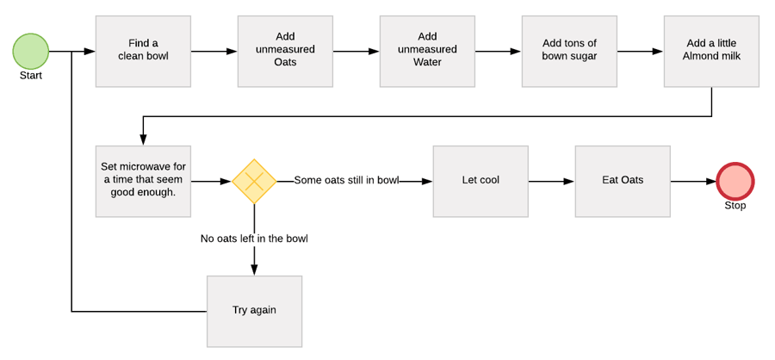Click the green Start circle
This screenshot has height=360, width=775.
coord(30,51)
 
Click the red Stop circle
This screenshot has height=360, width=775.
coord(735,182)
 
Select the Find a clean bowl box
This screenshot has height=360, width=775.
coord(143,51)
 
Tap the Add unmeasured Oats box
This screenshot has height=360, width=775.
coord(285,51)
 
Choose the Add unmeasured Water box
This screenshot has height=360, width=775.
coord(427,51)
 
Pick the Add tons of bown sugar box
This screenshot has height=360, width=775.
coord(569,51)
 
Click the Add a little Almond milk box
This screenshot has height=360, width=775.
coord(711,51)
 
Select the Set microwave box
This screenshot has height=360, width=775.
coord(143,182)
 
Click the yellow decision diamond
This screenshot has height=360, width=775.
coord(254,182)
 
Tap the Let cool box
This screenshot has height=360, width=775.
coord(480,182)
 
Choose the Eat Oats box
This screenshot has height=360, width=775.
coord(623,182)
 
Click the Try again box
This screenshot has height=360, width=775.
coord(254,311)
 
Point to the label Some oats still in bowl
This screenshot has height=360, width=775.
coord(346,181)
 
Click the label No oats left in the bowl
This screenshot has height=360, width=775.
coord(254,239)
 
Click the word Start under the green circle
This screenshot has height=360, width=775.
coord(30,76)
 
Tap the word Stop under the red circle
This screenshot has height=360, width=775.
coord(735,206)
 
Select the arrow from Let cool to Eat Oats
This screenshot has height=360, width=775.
coord(551,182)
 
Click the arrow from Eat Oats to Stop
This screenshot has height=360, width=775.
coord(693,182)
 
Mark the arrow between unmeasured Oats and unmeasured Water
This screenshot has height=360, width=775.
coord(356,51)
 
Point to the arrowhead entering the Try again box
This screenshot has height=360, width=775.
coord(254,270)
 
